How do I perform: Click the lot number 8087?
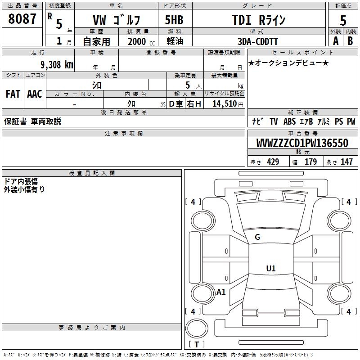point(22,19)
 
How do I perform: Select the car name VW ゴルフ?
point(116,20)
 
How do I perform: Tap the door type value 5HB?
point(174,20)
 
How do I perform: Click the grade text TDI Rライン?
point(259,20)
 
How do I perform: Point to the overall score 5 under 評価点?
point(343,20)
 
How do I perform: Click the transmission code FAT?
point(13,94)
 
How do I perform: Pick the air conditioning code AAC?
point(35,94)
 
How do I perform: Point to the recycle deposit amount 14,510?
point(225,104)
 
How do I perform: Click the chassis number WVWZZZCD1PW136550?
point(302,143)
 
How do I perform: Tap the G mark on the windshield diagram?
point(257,237)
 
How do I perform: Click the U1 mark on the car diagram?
point(270,269)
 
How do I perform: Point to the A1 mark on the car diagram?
point(221,292)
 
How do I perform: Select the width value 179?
point(311,162)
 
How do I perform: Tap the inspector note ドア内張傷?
point(21,181)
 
